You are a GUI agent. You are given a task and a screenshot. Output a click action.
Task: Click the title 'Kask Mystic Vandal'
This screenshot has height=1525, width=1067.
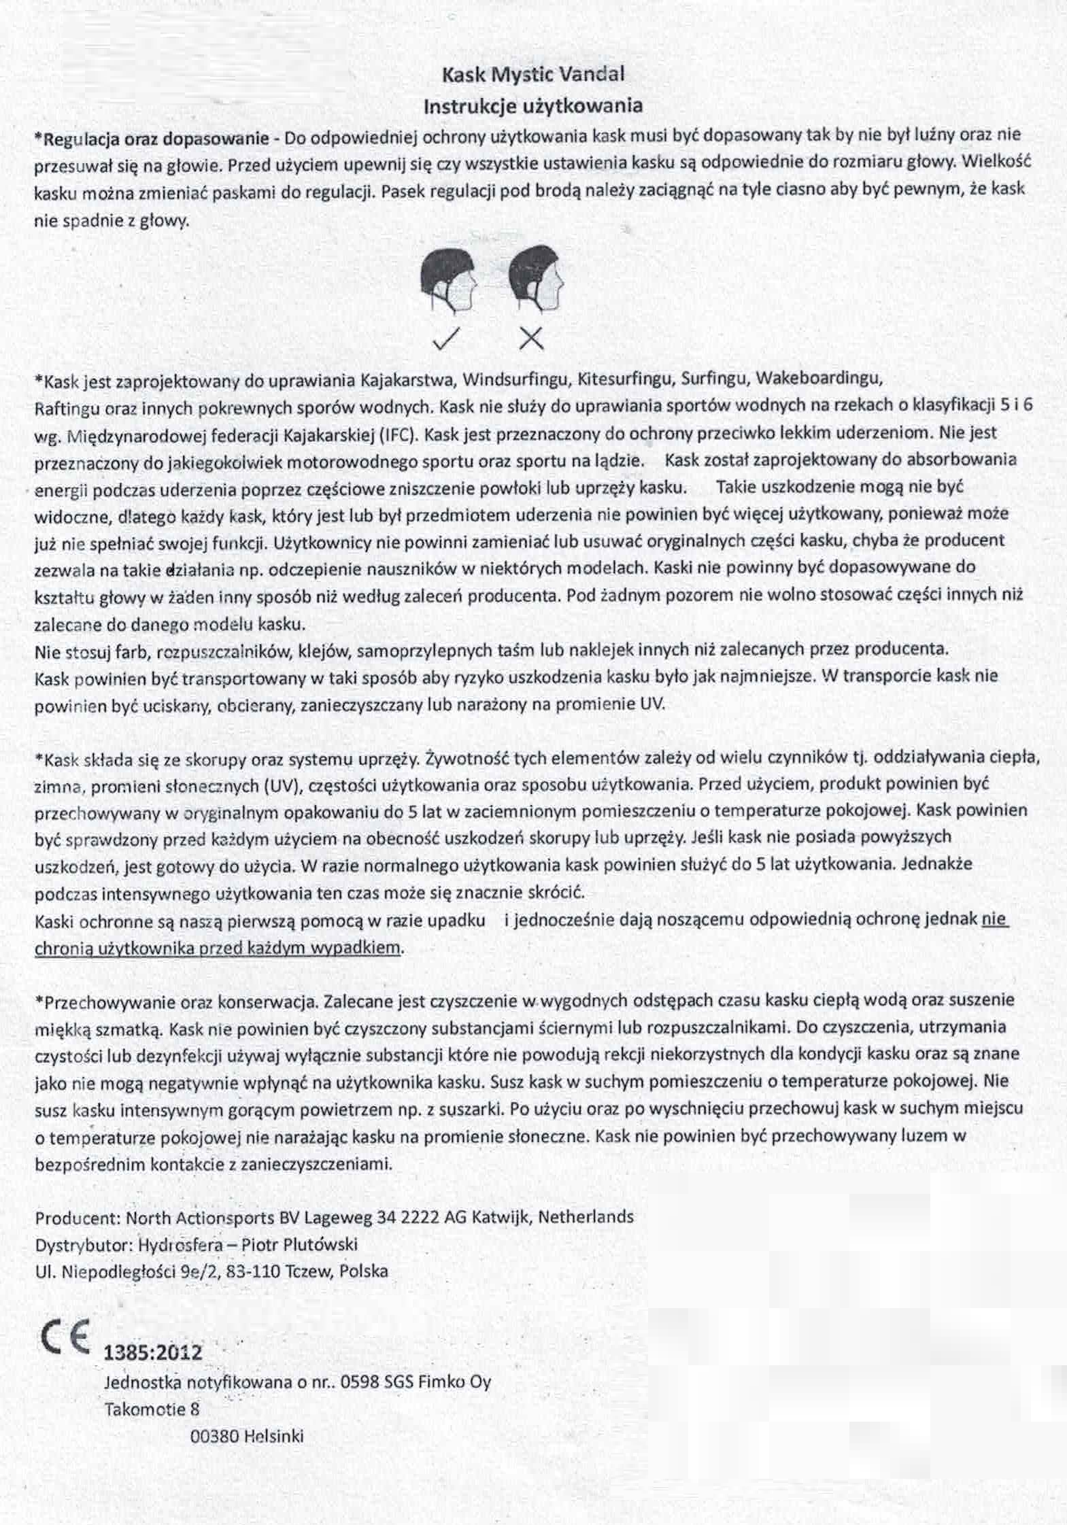[x=532, y=74]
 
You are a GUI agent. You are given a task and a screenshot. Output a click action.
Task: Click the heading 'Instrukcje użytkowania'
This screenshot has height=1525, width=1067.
[x=533, y=106]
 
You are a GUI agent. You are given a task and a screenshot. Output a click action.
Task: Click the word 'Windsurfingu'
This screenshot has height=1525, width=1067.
[x=514, y=378]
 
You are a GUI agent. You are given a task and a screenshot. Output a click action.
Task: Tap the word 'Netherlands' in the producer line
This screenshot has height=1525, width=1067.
[x=586, y=1216]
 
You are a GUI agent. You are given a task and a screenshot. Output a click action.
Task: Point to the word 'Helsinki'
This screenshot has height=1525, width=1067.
[x=273, y=1437]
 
